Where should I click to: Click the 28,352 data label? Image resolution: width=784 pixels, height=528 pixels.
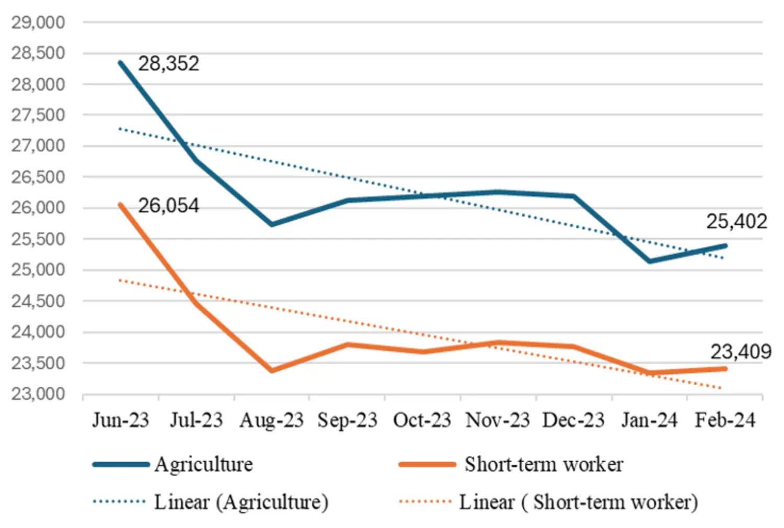tap(168, 64)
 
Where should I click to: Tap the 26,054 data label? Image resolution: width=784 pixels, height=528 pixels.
tap(168, 206)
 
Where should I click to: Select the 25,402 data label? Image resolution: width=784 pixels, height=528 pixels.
tap(736, 222)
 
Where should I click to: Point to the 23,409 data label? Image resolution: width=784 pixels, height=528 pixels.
tap(741, 352)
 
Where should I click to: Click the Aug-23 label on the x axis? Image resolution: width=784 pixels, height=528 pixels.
tap(271, 420)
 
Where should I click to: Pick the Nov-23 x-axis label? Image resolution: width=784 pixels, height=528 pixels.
tap(498, 420)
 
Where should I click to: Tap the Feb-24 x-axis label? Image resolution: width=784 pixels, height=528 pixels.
tap(724, 420)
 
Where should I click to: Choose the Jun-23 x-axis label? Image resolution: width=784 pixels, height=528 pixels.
tap(121, 420)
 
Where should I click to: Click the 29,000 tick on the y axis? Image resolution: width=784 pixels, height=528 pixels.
tap(38, 23)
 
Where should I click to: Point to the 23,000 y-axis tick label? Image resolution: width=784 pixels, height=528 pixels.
tap(38, 394)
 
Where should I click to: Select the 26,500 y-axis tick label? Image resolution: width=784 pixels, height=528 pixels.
tap(38, 177)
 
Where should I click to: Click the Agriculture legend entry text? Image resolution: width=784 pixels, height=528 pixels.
tap(203, 465)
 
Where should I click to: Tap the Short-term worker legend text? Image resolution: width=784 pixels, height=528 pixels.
tap(544, 465)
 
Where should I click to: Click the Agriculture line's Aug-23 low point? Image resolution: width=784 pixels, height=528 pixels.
tap(272, 224)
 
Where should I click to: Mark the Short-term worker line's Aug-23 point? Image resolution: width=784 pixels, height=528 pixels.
tap(272, 370)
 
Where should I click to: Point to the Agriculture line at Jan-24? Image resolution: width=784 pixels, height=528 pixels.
tap(650, 261)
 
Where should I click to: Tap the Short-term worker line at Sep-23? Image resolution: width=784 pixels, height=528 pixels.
tap(348, 344)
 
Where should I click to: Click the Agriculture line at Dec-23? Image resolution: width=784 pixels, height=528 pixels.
tap(574, 196)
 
